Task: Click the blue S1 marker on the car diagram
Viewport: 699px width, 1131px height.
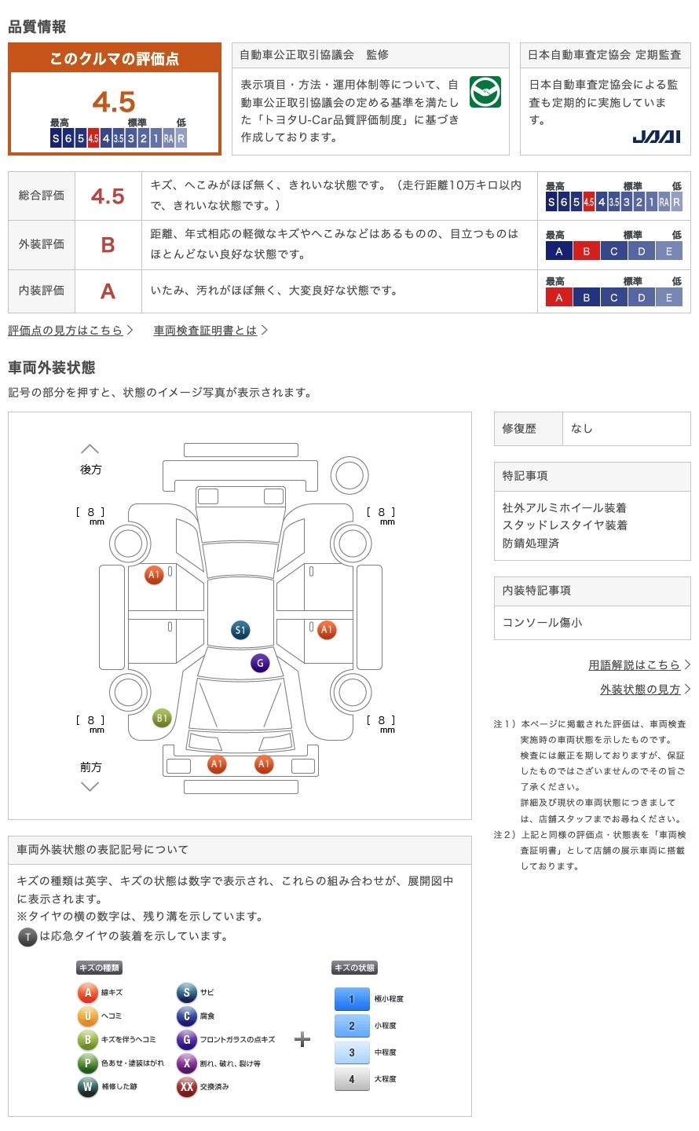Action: click(x=240, y=630)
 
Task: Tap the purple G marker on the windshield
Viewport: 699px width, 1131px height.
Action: click(x=260, y=663)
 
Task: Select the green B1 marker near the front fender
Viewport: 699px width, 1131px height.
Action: click(x=162, y=718)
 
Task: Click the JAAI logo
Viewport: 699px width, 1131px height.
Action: click(x=656, y=137)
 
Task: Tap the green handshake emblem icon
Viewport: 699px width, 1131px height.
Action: click(x=485, y=92)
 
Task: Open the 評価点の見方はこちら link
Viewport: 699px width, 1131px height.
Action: click(x=70, y=330)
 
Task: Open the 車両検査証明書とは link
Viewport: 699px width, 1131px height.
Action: click(x=210, y=330)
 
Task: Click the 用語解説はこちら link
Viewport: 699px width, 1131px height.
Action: click(x=639, y=665)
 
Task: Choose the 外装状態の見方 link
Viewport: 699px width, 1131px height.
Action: click(x=645, y=690)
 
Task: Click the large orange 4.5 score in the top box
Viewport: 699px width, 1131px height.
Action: click(x=114, y=102)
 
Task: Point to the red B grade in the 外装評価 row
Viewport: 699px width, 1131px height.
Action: click(x=108, y=245)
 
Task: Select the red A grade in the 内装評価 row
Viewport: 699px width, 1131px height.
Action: click(x=108, y=291)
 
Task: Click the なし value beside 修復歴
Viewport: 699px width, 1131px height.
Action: click(x=581, y=428)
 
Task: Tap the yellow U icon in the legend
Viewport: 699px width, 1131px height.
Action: click(x=87, y=1016)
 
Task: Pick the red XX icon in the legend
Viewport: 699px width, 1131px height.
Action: click(x=186, y=1086)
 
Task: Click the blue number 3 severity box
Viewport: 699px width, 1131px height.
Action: click(x=352, y=1052)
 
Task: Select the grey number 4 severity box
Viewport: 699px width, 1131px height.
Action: click(x=352, y=1079)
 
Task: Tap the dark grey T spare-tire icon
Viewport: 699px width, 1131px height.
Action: click(x=27, y=937)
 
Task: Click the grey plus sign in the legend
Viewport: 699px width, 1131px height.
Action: click(x=302, y=1039)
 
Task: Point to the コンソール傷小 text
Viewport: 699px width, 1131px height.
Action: click(x=542, y=623)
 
